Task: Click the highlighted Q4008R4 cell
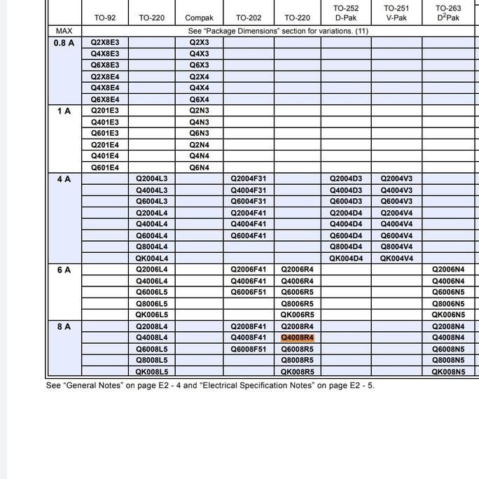coord(298,338)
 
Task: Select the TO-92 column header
coord(105,18)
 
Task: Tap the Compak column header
coord(199,18)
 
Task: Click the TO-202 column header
coord(249,18)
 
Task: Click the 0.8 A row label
coord(64,43)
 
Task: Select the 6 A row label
coord(64,270)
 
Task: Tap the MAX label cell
coord(64,31)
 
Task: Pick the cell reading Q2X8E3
coord(105,43)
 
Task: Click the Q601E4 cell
coord(105,167)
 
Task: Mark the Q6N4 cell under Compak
coord(199,167)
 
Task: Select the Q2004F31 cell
coord(249,179)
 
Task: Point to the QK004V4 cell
coord(397,258)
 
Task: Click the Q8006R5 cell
coord(298,304)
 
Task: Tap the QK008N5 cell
coord(448,372)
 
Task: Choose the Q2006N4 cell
coord(448,270)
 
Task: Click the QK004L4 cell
coord(152,258)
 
